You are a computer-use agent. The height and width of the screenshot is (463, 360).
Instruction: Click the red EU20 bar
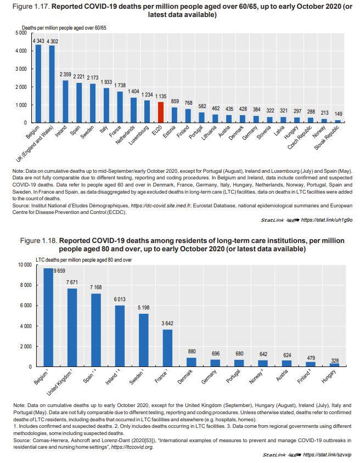pyautogui.click(x=160, y=112)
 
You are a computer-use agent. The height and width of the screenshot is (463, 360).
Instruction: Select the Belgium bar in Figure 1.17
pyautogui.click(x=38, y=83)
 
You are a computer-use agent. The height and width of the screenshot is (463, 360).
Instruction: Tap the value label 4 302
pyautogui.click(x=52, y=41)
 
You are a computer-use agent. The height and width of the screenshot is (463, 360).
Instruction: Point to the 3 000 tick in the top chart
pyautogui.click(x=21, y=69)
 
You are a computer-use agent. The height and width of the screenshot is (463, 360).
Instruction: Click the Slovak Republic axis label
pyautogui.click(x=327, y=138)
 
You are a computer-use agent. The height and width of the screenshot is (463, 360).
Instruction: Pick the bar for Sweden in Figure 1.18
pyautogui.click(x=144, y=340)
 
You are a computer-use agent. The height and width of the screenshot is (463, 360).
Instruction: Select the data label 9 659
pyautogui.click(x=59, y=271)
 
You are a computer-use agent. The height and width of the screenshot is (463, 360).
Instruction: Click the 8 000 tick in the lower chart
pyautogui.click(x=26, y=285)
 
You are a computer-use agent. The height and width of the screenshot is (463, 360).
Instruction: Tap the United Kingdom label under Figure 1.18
pyautogui.click(x=59, y=383)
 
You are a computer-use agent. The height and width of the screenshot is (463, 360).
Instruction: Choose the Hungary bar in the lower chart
pyautogui.click(x=334, y=365)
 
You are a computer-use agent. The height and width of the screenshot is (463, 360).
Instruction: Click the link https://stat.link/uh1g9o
pyautogui.click(x=327, y=220)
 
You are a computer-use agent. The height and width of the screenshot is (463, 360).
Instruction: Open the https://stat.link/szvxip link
pyautogui.click(x=328, y=455)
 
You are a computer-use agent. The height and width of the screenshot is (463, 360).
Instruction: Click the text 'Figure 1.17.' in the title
pyautogui.click(x=31, y=7)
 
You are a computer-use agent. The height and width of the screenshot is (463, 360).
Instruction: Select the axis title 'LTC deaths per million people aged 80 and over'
pyautogui.click(x=84, y=260)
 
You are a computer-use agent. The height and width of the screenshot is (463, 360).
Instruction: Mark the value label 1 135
pyautogui.click(x=161, y=97)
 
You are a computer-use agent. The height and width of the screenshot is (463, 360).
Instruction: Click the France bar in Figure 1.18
pyautogui.click(x=167, y=348)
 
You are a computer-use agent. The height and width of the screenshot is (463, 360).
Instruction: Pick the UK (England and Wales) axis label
pyautogui.click(x=35, y=144)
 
